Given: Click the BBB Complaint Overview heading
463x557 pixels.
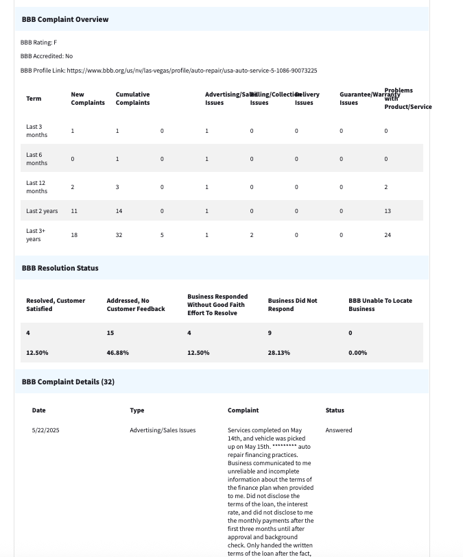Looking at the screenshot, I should (x=65, y=19).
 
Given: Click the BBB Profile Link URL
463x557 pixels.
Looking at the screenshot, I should (x=191, y=71).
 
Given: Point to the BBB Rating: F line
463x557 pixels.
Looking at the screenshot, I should (x=38, y=42).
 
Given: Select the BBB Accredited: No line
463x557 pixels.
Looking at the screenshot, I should (x=47, y=56).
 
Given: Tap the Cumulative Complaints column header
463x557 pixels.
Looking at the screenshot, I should (x=132, y=99).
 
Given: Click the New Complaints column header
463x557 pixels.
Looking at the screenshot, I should (x=88, y=99).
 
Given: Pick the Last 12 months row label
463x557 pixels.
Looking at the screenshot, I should (x=37, y=187).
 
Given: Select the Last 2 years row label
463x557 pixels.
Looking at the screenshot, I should (x=42, y=211).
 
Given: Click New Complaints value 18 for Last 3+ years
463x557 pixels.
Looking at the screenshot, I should (x=74, y=235).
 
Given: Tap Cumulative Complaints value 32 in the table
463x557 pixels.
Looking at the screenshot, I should (x=119, y=235).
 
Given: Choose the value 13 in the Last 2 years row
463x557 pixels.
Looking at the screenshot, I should (x=388, y=211).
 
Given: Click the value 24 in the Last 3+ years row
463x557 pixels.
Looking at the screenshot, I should (x=388, y=235).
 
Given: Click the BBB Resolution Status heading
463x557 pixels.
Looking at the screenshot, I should (x=60, y=268).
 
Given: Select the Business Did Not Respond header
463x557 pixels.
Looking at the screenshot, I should (x=293, y=305).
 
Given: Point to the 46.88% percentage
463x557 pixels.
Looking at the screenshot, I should (x=118, y=353).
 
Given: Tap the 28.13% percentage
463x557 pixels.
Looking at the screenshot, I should (x=279, y=353).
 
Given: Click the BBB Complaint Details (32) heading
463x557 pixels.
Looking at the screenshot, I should (x=68, y=382).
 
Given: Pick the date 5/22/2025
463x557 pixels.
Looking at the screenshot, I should (x=46, y=430).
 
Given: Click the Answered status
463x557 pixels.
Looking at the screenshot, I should (x=339, y=430).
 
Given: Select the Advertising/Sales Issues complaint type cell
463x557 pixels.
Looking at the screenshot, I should (x=163, y=430).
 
